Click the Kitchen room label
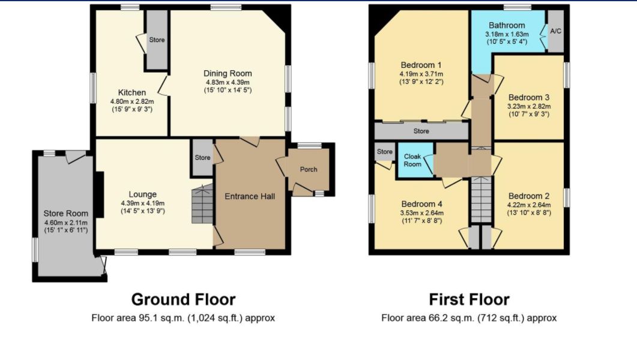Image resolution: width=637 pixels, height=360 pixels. point(132,92)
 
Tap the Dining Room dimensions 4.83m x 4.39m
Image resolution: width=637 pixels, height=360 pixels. point(228,82)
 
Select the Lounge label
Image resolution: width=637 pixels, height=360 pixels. point(143,194)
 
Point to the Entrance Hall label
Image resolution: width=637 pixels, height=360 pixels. point(250,196)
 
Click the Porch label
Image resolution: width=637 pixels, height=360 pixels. point(309,169)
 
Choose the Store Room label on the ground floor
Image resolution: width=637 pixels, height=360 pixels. point(66,214)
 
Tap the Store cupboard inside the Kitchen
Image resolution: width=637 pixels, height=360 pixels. point(157,40)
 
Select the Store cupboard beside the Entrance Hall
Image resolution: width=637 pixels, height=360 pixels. point(202,157)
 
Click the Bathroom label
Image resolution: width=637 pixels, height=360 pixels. point(507,25)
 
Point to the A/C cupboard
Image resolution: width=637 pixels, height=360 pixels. point(556,31)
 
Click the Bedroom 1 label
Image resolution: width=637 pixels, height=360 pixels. point(421,65)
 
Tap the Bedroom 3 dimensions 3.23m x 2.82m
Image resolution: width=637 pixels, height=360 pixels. point(529,106)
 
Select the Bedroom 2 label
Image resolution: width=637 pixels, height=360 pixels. point(529,196)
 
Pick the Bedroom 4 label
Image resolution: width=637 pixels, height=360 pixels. point(421,204)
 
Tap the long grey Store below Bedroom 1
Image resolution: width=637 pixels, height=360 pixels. point(421,131)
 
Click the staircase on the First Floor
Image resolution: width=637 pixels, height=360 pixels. point(481,199)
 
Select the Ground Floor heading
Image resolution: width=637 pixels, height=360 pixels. point(183,299)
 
